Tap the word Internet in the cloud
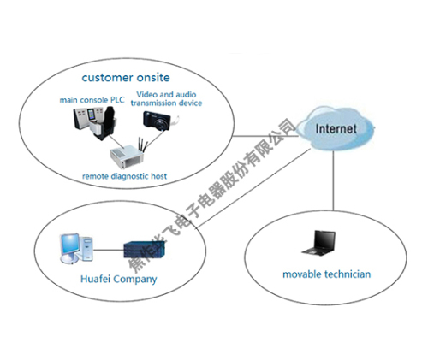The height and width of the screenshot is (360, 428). [336, 129]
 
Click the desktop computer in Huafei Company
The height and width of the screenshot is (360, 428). [71, 249]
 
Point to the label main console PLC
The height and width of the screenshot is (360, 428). [92, 100]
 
